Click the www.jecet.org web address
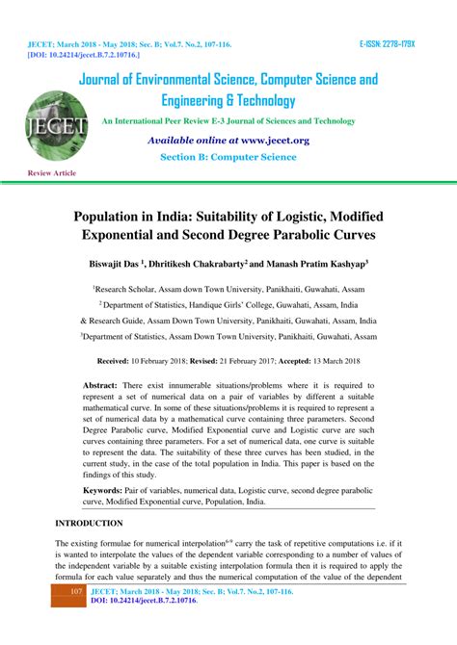[273, 140]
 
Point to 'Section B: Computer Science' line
[228, 156]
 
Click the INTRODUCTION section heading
[89, 523]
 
